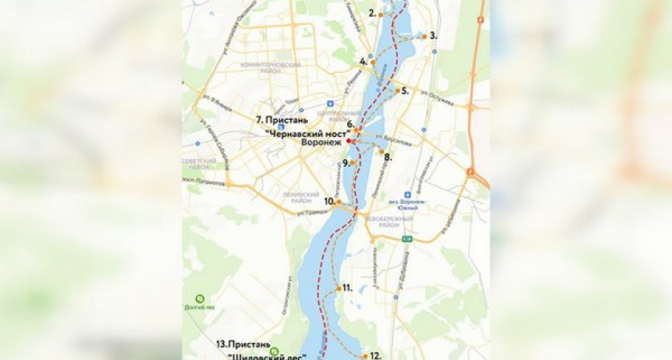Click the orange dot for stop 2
click(x=381, y=14)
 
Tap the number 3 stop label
click(x=433, y=35)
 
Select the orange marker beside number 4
click(x=373, y=62)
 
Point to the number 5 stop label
click(x=405, y=91)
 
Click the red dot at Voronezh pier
click(x=350, y=141)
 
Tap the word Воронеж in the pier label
click(x=321, y=142)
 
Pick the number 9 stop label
click(x=346, y=163)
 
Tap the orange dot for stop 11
click(x=339, y=287)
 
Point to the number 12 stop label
click(x=375, y=355)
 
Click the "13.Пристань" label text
click(x=241, y=344)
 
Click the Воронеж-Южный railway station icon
click(x=408, y=194)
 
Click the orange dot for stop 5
click(x=397, y=90)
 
